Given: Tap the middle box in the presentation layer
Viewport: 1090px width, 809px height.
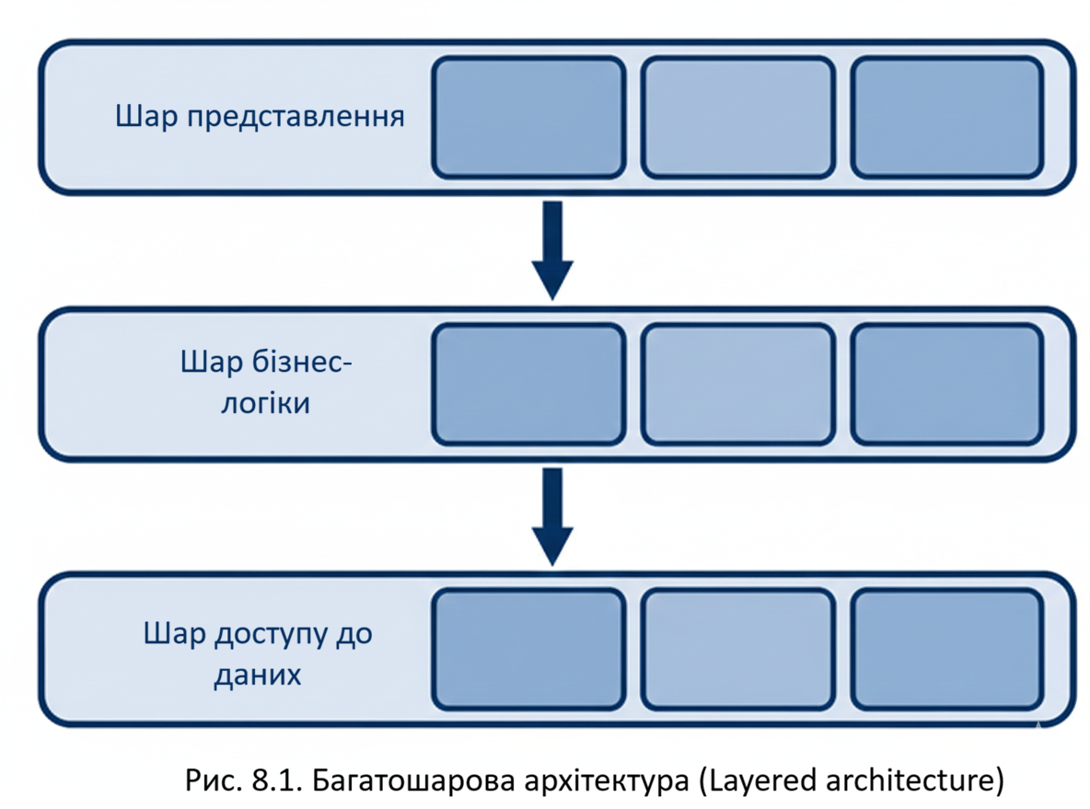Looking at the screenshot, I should point(737,117).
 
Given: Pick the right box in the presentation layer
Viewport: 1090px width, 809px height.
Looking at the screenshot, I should point(947,117).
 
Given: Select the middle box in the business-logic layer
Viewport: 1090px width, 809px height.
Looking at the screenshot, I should point(737,383).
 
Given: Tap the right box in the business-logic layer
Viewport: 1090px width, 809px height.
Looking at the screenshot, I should point(947,383).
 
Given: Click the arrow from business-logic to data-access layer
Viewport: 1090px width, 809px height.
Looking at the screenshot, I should point(552,515).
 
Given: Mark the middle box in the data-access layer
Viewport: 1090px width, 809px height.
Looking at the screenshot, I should point(737,650).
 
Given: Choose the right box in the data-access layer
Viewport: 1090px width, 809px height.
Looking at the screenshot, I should point(947,650).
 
